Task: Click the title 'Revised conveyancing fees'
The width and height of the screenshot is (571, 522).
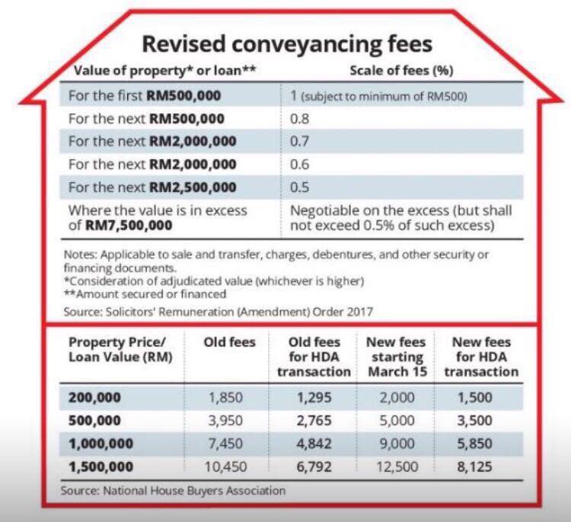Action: click(287, 44)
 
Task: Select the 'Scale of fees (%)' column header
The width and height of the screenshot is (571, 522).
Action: click(402, 71)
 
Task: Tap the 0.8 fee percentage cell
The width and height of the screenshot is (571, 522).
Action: click(300, 119)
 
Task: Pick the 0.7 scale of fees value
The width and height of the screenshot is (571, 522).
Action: click(300, 142)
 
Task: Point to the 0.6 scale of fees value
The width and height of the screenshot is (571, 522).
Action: click(300, 164)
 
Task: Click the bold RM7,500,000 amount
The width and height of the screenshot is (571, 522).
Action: click(129, 225)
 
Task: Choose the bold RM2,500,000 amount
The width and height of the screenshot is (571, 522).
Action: click(193, 187)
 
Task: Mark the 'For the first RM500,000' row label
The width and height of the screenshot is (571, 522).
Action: click(145, 96)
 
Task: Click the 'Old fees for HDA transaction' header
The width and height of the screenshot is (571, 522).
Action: click(314, 357)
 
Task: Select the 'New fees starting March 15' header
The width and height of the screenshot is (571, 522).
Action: click(397, 357)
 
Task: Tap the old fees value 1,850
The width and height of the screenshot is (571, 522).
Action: click(225, 397)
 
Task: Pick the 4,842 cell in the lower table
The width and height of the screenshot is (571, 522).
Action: click(314, 444)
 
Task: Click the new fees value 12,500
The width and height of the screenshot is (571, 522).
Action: click(397, 467)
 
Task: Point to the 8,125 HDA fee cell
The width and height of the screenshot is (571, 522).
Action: click(474, 467)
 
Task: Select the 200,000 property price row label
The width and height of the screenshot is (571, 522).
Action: click(94, 397)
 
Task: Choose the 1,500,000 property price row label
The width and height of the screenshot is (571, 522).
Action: click(100, 467)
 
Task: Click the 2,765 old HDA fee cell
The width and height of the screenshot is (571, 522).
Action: click(314, 421)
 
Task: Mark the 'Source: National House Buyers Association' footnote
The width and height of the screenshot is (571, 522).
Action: click(173, 491)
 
